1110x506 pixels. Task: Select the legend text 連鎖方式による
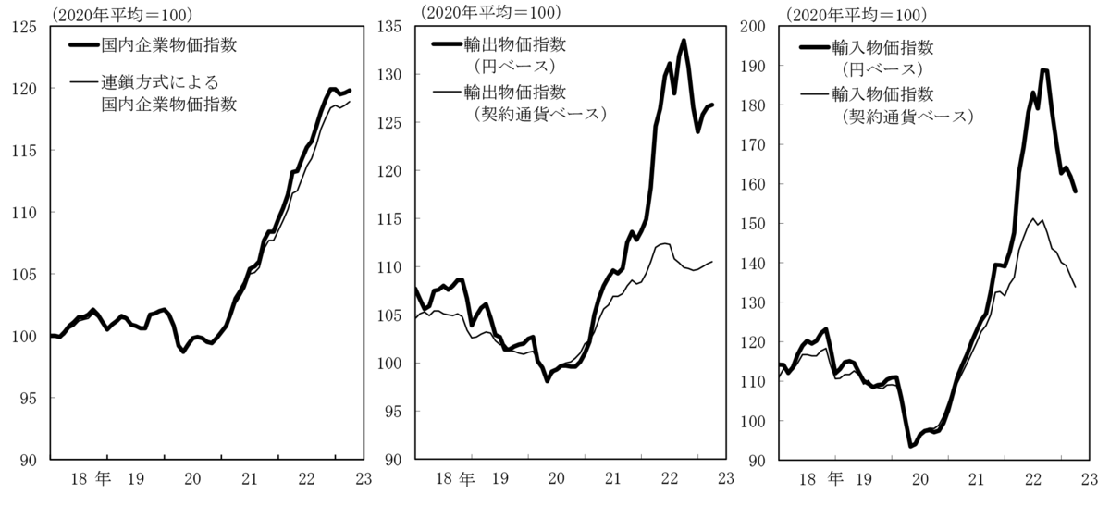tap(160, 82)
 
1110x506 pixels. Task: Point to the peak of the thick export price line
tap(684, 41)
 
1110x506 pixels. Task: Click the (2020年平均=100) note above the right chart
tap(856, 13)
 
